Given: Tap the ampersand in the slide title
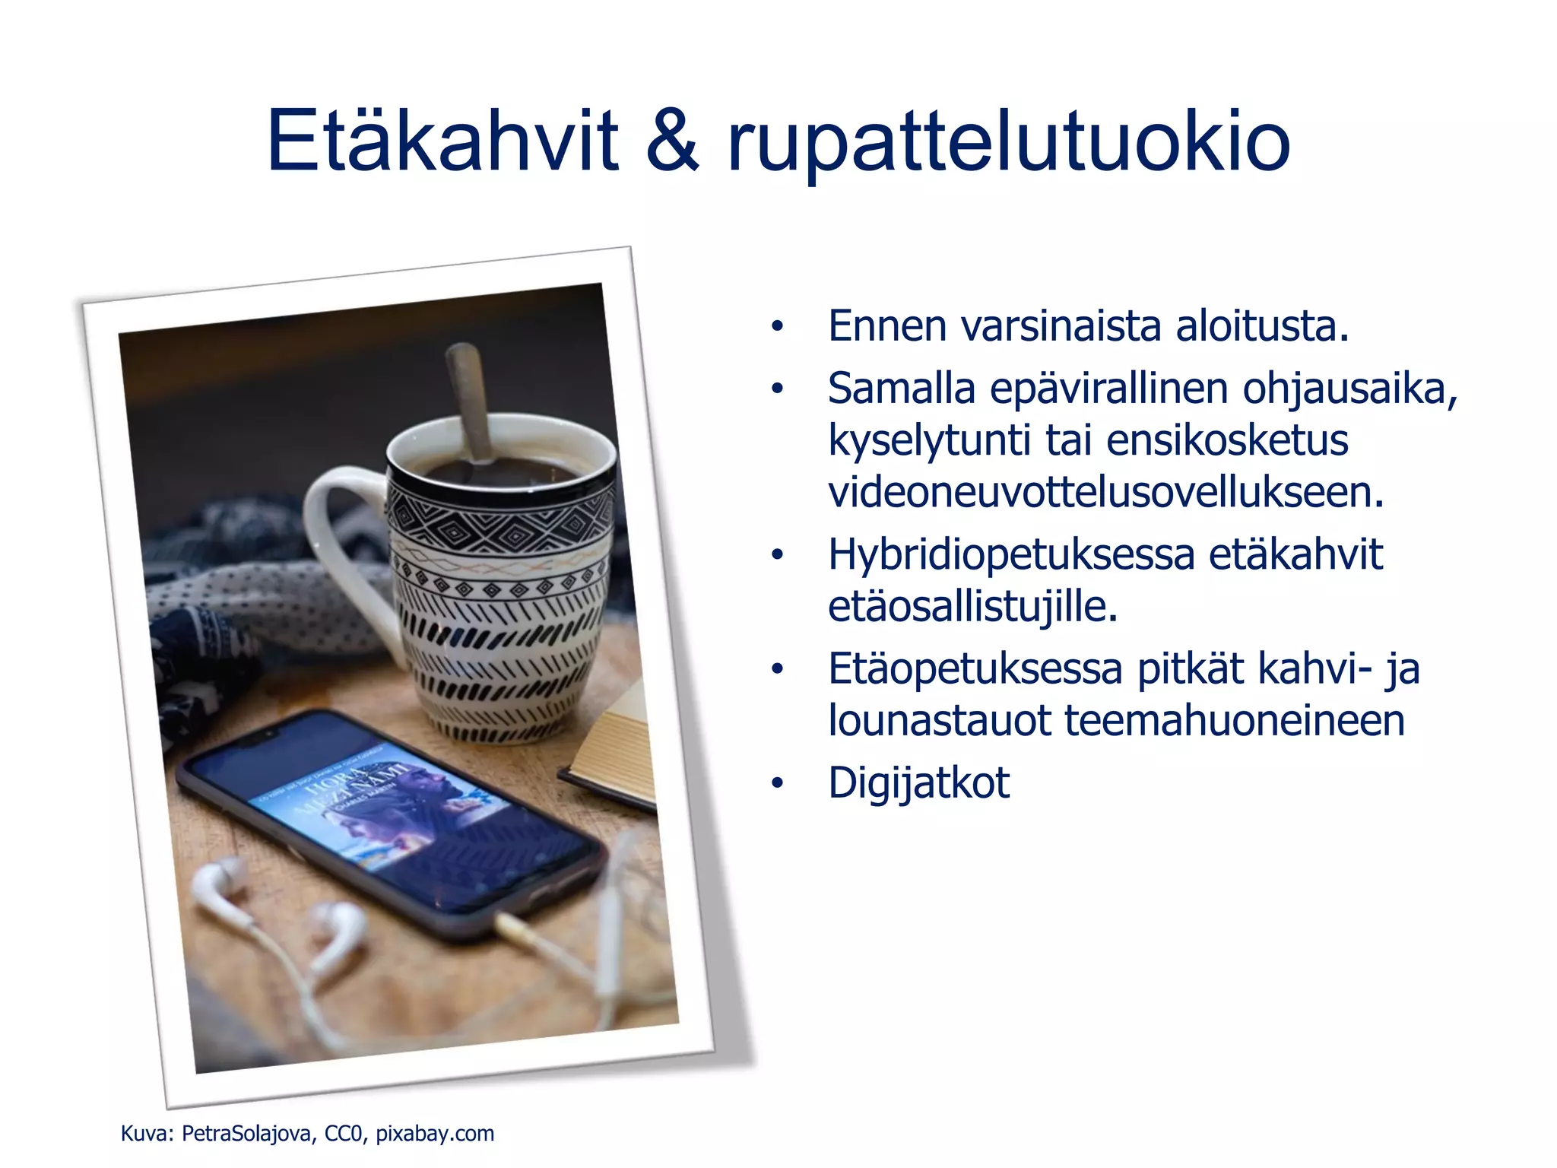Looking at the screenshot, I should click(672, 141).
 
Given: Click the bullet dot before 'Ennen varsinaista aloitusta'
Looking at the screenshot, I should click(776, 327).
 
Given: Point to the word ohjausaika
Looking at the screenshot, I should click(1349, 389).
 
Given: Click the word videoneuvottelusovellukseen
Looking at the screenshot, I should click(1105, 493).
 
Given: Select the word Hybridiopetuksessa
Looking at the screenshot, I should click(1011, 556).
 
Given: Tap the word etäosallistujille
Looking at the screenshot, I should click(972, 608).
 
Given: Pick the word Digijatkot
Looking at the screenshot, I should click(918, 783).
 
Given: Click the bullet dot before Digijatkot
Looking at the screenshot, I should click(776, 783).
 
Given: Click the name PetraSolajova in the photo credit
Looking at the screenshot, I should click(246, 1134).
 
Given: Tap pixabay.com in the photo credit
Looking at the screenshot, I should click(435, 1134).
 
